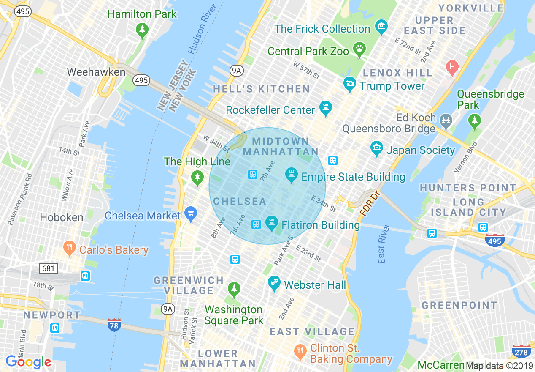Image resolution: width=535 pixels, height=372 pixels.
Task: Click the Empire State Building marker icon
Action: point(291,175)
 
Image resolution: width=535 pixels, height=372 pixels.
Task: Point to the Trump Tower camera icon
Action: point(349,84)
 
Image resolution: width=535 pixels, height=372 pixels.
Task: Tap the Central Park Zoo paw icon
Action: point(359,50)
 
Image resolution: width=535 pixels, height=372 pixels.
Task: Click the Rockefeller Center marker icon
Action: point(325,109)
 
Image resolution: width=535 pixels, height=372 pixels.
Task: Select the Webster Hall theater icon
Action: point(275,283)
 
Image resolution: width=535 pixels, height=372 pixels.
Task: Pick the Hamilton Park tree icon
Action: point(142,30)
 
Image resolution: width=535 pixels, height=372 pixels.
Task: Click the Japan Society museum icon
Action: point(376,149)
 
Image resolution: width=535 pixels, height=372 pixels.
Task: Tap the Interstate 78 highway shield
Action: point(114,325)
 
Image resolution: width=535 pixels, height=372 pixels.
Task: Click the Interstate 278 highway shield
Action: point(521,352)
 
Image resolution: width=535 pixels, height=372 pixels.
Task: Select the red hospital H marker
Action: point(452,67)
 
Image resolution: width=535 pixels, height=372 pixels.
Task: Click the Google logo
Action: point(28,362)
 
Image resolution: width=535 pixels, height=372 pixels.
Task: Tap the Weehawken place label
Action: point(96,72)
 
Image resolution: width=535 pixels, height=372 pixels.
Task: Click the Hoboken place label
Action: point(61,217)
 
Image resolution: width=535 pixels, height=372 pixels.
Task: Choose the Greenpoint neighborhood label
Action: point(459,305)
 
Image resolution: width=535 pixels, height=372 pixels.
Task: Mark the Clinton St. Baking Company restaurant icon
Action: point(300,350)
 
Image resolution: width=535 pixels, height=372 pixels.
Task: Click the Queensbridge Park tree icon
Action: point(475,121)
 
